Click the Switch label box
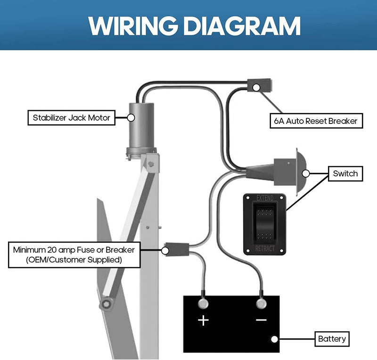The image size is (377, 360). click(345, 173)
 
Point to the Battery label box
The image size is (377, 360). click(332, 338)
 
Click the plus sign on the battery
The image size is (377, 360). click(203, 320)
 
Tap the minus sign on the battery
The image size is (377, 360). click(261, 320)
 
